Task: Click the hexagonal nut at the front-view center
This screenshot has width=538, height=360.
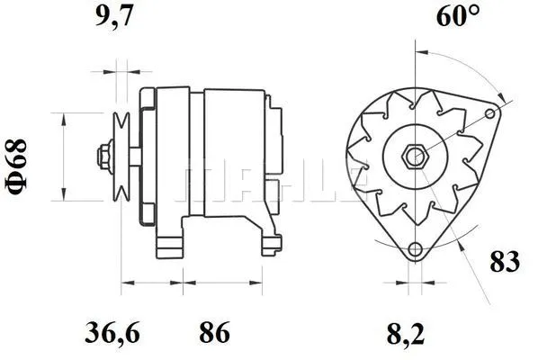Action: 415,156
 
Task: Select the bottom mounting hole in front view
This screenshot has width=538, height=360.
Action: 415,249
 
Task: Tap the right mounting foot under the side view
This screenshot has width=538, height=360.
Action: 267,241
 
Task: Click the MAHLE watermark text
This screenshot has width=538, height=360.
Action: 270,180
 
